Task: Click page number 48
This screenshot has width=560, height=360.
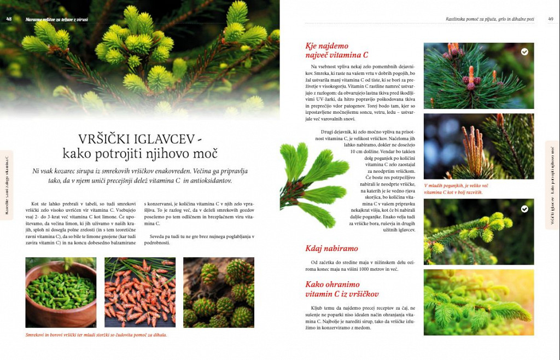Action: [9, 19]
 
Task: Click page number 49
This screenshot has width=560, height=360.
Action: [551, 19]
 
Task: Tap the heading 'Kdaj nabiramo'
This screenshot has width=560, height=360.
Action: [331, 248]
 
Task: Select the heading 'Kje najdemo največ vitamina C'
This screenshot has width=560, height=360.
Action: [336, 50]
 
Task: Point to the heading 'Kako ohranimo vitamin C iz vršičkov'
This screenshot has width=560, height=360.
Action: [342, 289]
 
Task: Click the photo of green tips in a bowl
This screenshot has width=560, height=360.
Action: [61, 292]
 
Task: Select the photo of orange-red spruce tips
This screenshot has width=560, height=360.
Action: [140, 292]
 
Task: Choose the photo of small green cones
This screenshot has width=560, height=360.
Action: [219, 292]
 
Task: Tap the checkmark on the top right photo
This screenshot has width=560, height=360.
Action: [524, 52]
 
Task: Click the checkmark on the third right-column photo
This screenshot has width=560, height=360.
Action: [524, 209]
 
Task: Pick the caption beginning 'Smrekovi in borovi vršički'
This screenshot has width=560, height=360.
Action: [96, 335]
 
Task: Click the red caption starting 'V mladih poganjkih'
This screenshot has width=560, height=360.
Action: [456, 189]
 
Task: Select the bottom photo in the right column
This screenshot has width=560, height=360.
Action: [479, 302]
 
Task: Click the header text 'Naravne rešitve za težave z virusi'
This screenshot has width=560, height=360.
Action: [57, 19]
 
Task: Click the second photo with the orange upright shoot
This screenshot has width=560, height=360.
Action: [479, 146]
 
